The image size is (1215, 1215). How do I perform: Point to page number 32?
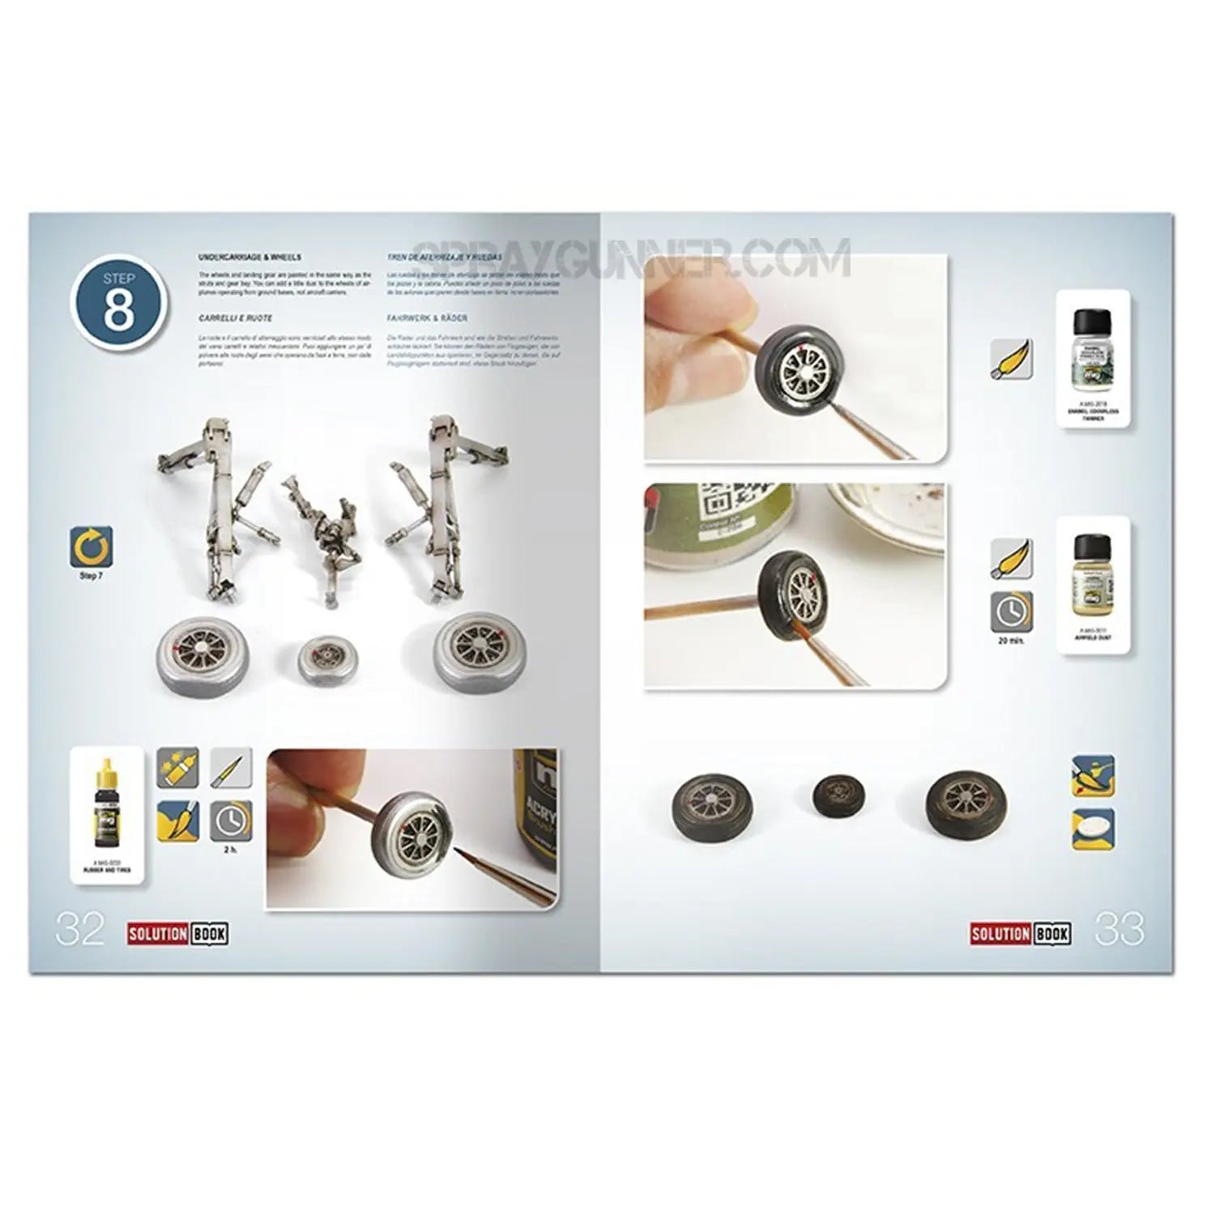[79, 929]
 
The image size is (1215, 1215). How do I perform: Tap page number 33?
[1119, 929]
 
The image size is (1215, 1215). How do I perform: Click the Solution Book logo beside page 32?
[177, 934]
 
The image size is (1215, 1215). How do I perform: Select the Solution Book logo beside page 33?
[1020, 934]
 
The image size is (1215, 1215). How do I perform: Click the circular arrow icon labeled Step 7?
[91, 548]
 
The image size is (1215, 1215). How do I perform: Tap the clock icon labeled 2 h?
[231, 821]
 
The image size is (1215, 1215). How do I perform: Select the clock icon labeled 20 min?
[1012, 612]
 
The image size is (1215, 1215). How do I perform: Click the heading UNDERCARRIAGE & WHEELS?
[249, 257]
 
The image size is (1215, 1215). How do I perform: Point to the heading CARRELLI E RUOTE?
[236, 318]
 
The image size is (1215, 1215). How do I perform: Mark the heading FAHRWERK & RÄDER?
[427, 318]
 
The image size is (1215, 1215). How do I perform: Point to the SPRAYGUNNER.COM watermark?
[632, 258]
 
